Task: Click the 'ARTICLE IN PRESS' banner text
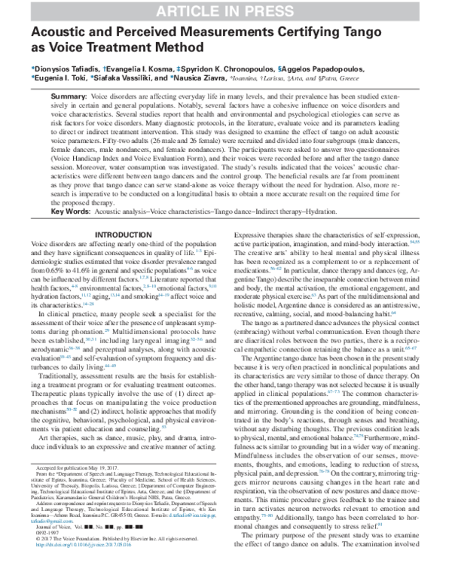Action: [x=226, y=10]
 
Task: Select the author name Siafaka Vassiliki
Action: [x=129, y=77]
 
